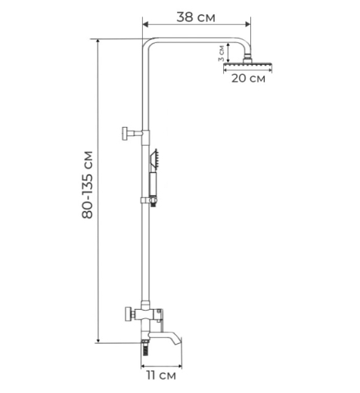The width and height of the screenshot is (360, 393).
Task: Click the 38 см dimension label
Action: coord(196,17)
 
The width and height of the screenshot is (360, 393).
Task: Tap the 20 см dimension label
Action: coord(248,79)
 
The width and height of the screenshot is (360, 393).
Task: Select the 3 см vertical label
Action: coord(221,53)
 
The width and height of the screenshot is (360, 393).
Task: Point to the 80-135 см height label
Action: coord(88,184)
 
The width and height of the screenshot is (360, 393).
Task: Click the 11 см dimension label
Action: coord(161,376)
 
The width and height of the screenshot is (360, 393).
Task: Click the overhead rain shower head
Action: coord(248,67)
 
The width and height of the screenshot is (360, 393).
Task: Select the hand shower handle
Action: coord(153,184)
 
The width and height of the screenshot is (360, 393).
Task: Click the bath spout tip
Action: coord(178,342)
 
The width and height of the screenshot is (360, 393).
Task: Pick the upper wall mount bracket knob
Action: coord(126,133)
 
